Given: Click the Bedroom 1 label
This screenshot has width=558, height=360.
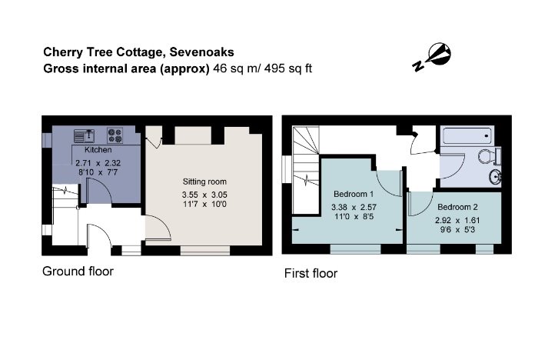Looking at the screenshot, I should [354, 195].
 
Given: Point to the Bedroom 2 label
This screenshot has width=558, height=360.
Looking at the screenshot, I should [458, 207].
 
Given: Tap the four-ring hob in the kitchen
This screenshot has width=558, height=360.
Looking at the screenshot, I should [116, 136].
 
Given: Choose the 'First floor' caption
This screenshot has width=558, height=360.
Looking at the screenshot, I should [311, 273].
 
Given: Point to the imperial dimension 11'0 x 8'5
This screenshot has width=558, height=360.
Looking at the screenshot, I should [354, 218].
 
